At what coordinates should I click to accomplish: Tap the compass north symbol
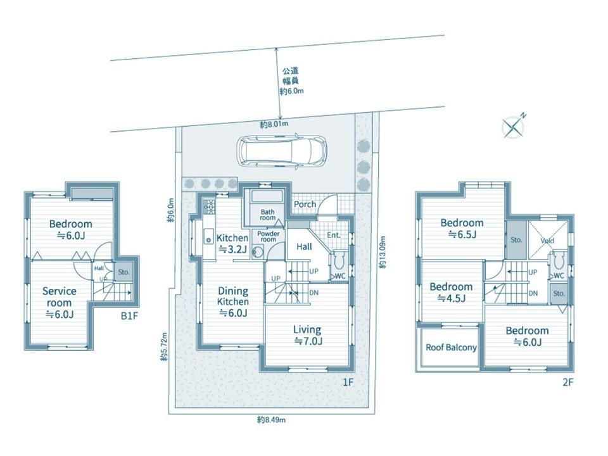[514, 125]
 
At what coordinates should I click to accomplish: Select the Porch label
[305, 204]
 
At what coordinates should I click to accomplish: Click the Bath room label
[267, 215]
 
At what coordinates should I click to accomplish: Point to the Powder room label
[269, 236]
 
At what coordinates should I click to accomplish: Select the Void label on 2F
[547, 241]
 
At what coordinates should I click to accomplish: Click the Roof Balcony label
[451, 348]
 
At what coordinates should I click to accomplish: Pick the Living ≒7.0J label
[307, 336]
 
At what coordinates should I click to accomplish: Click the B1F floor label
[129, 316]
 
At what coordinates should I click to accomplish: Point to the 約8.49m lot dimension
[272, 419]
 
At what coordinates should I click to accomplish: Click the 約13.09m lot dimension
[383, 253]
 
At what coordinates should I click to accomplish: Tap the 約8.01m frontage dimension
[274, 125]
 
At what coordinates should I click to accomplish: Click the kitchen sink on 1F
[208, 236]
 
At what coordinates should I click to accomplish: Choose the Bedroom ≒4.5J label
[451, 293]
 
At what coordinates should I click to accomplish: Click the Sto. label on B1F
[123, 272]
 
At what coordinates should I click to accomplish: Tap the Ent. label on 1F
[334, 235]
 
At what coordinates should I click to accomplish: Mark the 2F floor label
[567, 383]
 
